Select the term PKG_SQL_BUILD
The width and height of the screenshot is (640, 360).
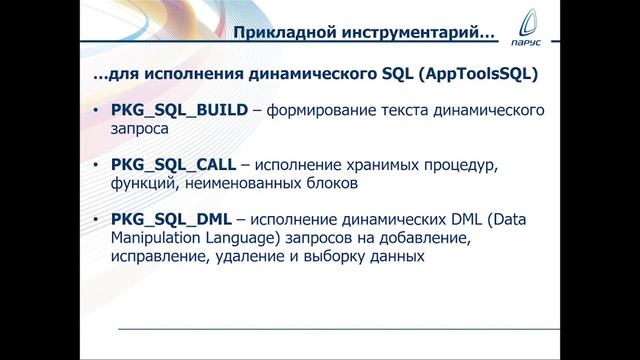(x=175, y=111)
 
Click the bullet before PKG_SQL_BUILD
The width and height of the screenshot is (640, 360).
(x=95, y=111)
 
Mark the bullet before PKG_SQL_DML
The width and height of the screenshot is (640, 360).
(x=95, y=218)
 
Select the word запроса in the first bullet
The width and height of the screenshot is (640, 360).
(x=139, y=130)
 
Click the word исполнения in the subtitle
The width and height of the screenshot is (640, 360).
(x=175, y=75)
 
